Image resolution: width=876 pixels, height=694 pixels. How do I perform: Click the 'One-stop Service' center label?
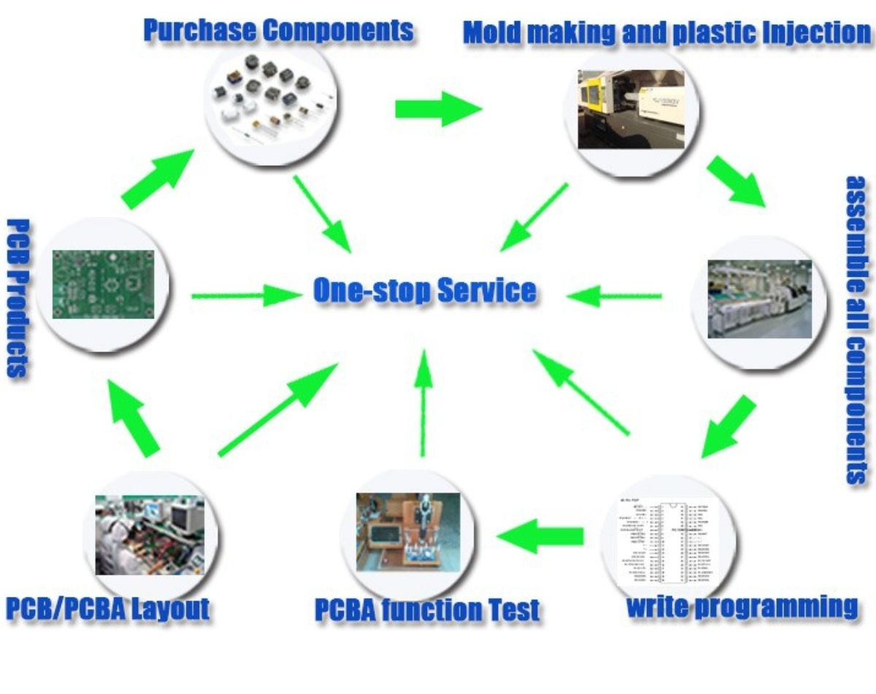pyautogui.click(x=424, y=291)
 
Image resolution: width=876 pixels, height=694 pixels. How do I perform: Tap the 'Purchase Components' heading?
pyautogui.click(x=278, y=31)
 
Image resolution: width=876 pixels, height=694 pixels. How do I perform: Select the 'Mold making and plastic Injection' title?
pyautogui.click(x=666, y=33)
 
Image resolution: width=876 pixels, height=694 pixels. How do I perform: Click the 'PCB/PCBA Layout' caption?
pyautogui.click(x=108, y=609)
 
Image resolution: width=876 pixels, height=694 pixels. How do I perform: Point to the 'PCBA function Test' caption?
pyautogui.click(x=427, y=610)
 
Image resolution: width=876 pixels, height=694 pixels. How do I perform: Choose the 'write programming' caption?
pyautogui.click(x=742, y=607)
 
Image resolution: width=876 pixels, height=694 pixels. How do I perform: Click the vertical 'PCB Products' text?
pyautogui.click(x=18, y=297)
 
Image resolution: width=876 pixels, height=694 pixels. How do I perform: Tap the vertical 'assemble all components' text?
pyautogui.click(x=856, y=329)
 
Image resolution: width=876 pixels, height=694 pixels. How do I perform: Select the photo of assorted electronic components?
pyautogui.click(x=271, y=104)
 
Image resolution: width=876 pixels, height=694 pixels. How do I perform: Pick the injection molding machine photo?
pyautogui.click(x=631, y=110)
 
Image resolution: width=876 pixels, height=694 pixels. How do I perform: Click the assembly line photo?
pyautogui.click(x=759, y=300)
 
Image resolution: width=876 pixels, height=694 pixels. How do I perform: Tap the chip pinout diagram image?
pyautogui.click(x=666, y=542)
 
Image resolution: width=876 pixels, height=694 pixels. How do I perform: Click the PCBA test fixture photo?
pyautogui.click(x=408, y=532)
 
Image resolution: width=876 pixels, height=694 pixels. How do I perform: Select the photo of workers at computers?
pyautogui.click(x=150, y=535)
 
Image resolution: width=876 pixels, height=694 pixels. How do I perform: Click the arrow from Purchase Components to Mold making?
pyautogui.click(x=437, y=110)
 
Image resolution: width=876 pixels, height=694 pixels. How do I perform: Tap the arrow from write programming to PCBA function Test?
pyautogui.click(x=540, y=536)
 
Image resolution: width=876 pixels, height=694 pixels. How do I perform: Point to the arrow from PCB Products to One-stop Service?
pyautogui.click(x=247, y=296)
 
